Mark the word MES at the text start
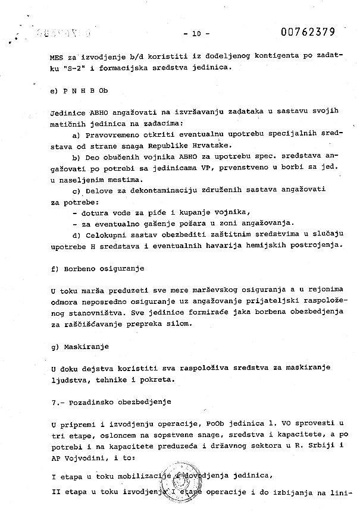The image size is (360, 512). tap(58, 60)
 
